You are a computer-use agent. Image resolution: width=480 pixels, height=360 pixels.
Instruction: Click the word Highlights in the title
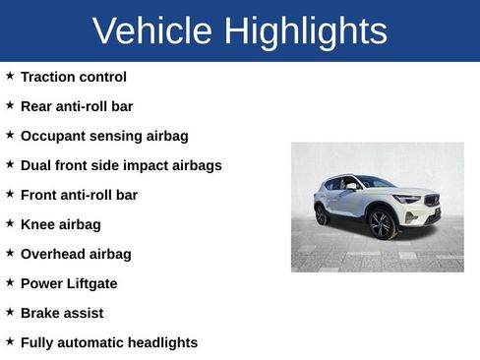coord(305,31)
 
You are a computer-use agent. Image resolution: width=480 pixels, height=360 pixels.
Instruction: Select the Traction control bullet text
coord(74,77)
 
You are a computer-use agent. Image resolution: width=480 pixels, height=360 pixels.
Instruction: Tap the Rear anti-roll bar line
coord(77,106)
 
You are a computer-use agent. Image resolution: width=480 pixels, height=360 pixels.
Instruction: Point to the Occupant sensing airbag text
coord(104,136)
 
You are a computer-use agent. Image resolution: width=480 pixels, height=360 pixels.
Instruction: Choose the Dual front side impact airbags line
coord(121,165)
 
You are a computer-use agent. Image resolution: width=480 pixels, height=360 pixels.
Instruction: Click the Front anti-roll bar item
coord(79,195)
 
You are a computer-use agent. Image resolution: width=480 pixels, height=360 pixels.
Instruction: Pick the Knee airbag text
coord(61,224)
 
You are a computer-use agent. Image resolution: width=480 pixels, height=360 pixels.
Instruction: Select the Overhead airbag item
coord(76,254)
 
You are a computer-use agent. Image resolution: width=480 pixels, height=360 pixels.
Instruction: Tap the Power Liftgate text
coord(69,283)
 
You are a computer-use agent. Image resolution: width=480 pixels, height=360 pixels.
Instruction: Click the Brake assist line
coord(62,313)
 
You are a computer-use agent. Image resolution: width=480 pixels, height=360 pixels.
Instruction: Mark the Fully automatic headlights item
coord(109,342)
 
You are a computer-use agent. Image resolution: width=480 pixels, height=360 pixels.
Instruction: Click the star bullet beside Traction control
coord(10,76)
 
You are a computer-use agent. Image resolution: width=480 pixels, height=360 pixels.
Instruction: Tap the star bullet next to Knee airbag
coord(10,223)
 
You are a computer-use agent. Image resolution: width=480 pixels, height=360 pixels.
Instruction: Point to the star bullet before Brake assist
coord(10,312)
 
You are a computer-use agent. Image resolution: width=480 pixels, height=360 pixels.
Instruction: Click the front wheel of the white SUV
coord(380,224)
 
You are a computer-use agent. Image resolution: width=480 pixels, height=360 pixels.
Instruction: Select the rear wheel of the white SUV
coord(322,214)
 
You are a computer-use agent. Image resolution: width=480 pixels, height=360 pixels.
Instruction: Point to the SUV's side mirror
coord(351,186)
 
